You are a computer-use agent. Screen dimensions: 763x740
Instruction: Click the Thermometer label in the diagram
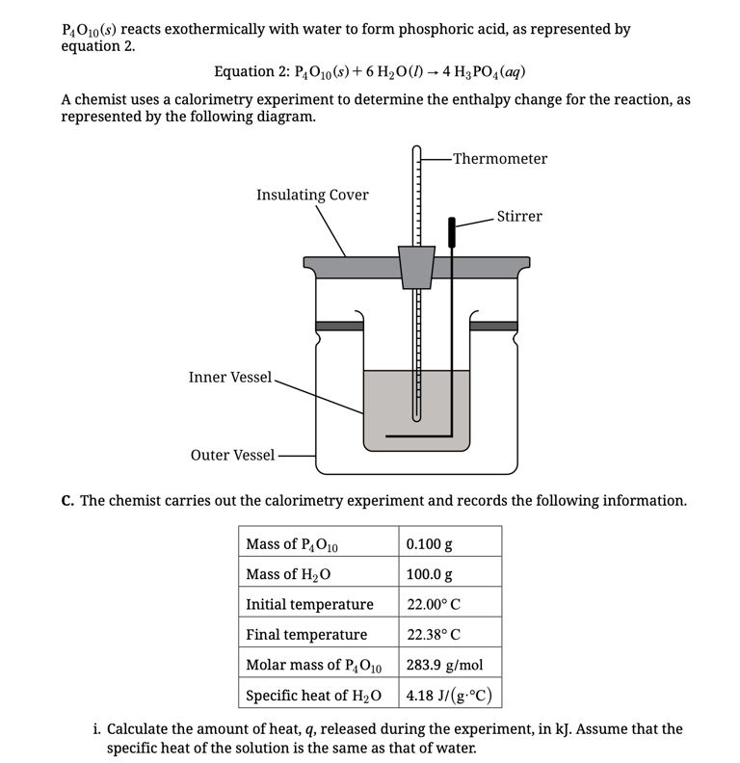pyautogui.click(x=499, y=159)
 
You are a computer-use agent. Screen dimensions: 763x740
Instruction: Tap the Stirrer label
pyautogui.click(x=519, y=217)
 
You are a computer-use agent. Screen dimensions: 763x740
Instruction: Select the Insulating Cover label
pyautogui.click(x=312, y=196)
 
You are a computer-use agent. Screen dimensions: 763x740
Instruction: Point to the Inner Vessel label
pyautogui.click(x=230, y=378)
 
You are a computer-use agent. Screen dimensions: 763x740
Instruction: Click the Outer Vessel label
pyautogui.click(x=232, y=455)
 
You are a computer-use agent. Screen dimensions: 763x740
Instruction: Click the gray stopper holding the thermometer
pyautogui.click(x=416, y=267)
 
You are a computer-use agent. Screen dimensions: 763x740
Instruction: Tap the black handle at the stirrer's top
pyautogui.click(x=451, y=231)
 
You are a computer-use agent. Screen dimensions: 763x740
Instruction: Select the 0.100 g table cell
pyautogui.click(x=430, y=544)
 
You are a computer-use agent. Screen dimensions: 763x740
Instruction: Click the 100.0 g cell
pyautogui.click(x=430, y=575)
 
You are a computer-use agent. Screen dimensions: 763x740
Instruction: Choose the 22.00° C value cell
pyautogui.click(x=434, y=605)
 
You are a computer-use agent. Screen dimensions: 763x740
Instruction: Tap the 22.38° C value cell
pyautogui.click(x=434, y=635)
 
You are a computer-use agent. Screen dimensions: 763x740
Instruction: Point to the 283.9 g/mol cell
pyautogui.click(x=444, y=665)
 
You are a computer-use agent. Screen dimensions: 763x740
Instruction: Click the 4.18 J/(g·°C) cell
pyautogui.click(x=450, y=695)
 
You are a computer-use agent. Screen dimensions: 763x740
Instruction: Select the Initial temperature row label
pyautogui.click(x=309, y=605)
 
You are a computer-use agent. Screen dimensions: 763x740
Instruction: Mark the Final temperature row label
pyautogui.click(x=306, y=635)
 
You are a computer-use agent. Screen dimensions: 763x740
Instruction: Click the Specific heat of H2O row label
pyautogui.click(x=313, y=696)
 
